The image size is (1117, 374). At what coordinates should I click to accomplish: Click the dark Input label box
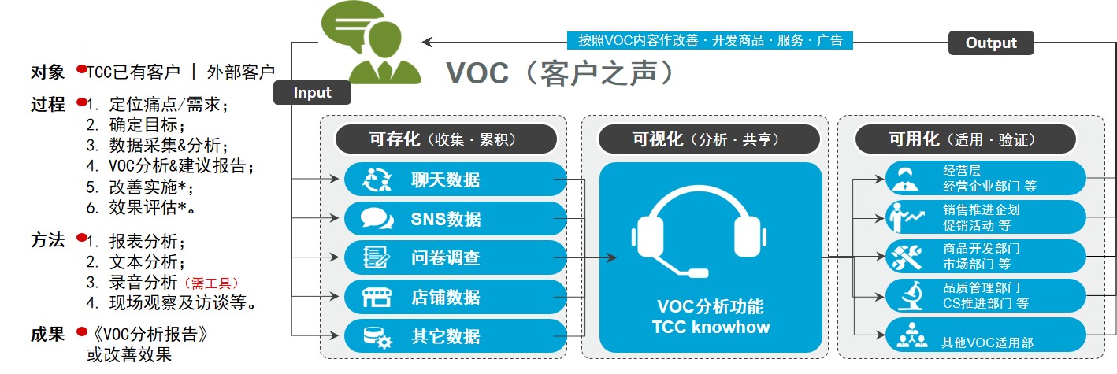click(312, 92)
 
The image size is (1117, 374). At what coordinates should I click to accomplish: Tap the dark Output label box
click(991, 43)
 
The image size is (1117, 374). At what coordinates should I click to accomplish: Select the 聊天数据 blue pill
click(455, 179)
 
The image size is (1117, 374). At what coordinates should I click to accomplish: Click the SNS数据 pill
click(455, 218)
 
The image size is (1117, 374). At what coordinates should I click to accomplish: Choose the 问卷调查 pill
click(455, 257)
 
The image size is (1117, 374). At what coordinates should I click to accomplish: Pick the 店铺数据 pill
click(455, 297)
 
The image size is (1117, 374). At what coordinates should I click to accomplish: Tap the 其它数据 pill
click(455, 336)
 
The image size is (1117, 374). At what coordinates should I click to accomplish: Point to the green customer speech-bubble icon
click(370, 43)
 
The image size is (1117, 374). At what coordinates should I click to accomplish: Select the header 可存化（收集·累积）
click(446, 139)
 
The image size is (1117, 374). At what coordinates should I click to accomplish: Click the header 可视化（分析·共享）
click(709, 139)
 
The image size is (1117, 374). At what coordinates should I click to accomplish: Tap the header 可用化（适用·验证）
click(966, 139)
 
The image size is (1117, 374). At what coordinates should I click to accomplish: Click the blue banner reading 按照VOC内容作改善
click(710, 40)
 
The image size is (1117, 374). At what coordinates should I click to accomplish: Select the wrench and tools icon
click(906, 257)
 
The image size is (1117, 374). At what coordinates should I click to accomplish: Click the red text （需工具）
click(211, 283)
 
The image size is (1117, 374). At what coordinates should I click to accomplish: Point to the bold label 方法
click(48, 240)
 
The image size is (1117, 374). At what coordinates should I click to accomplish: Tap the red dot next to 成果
click(82, 331)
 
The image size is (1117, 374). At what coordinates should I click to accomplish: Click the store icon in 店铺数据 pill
click(377, 297)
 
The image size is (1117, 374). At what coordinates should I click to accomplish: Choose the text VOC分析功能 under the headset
click(710, 306)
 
